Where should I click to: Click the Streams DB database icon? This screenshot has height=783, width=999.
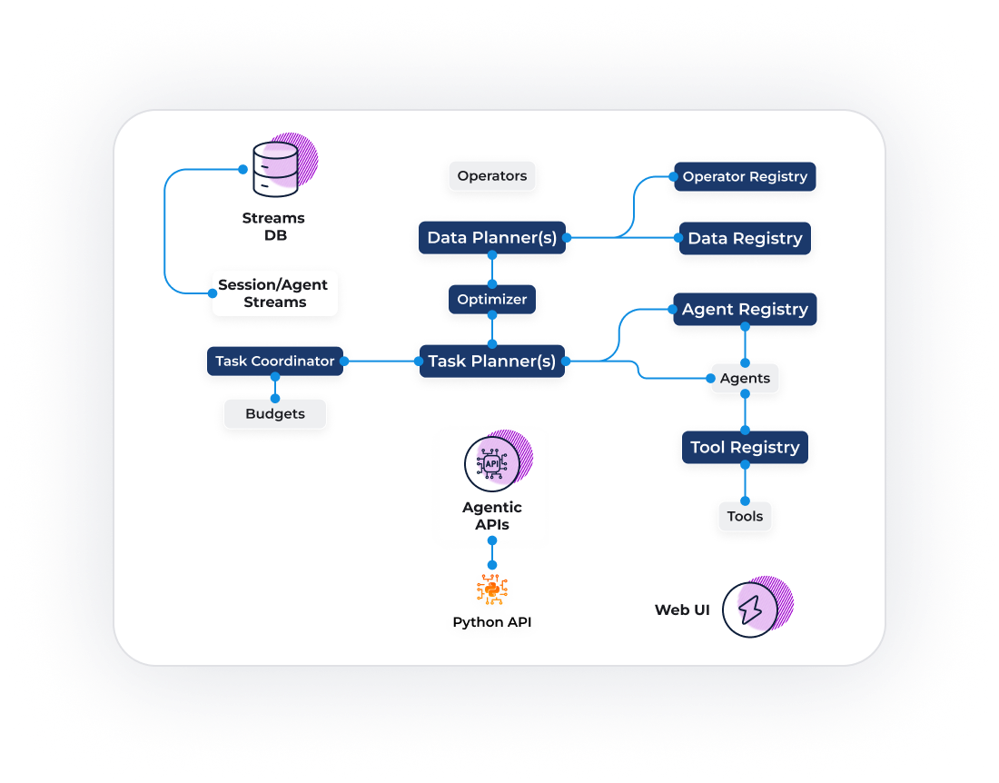(275, 168)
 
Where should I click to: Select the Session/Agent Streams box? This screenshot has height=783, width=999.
(274, 293)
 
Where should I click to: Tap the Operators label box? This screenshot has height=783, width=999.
(492, 176)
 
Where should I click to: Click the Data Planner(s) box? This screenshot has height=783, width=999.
(492, 238)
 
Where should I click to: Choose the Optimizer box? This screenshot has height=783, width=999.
(492, 299)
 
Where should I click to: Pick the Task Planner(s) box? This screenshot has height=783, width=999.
(492, 361)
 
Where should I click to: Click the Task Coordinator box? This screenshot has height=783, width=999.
(275, 361)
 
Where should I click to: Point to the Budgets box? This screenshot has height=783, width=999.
(275, 414)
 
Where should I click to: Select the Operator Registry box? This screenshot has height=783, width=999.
(745, 176)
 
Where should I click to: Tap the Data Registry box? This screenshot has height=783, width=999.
(745, 238)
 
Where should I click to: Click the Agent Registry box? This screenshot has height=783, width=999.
(745, 309)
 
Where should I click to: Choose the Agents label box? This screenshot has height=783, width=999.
(745, 378)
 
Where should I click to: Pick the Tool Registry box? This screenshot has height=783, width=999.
(745, 447)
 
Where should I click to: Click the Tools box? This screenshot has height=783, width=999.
(745, 516)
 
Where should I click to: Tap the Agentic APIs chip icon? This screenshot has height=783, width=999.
(492, 463)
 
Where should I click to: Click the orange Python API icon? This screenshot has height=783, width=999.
(492, 590)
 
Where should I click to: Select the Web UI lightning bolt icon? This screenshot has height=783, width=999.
(751, 610)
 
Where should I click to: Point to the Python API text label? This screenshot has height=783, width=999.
(492, 622)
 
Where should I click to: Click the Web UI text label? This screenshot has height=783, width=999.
(682, 610)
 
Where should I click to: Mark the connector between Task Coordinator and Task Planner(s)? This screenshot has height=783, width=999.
(381, 361)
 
